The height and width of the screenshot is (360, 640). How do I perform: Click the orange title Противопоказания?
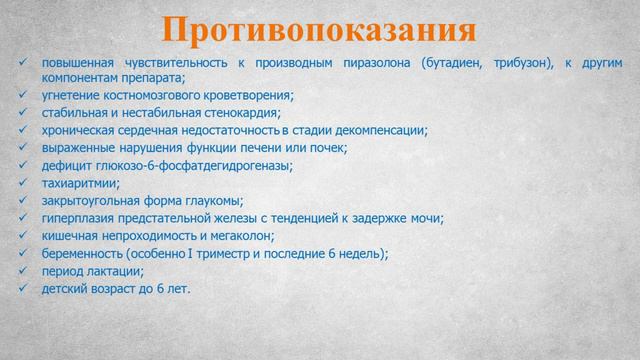tap(320, 28)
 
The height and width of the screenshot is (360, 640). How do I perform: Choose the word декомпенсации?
tap(378, 131)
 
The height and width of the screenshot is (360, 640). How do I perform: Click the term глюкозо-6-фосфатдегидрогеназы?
tap(197, 166)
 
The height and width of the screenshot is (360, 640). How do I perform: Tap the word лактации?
tap(116, 272)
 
